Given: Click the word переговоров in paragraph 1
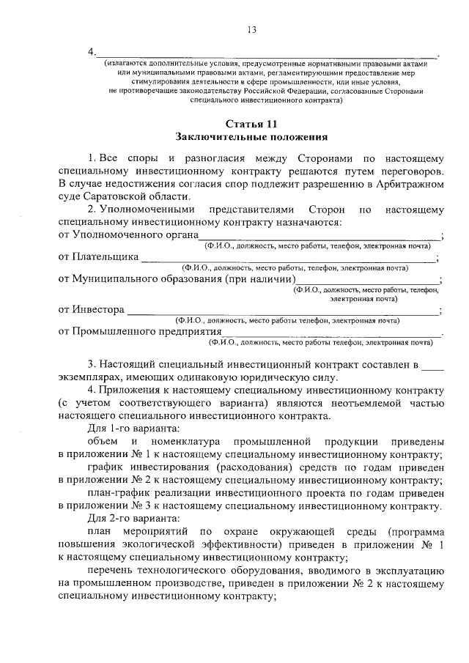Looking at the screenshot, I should click(x=412, y=169).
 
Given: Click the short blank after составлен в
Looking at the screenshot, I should click(x=433, y=364).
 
